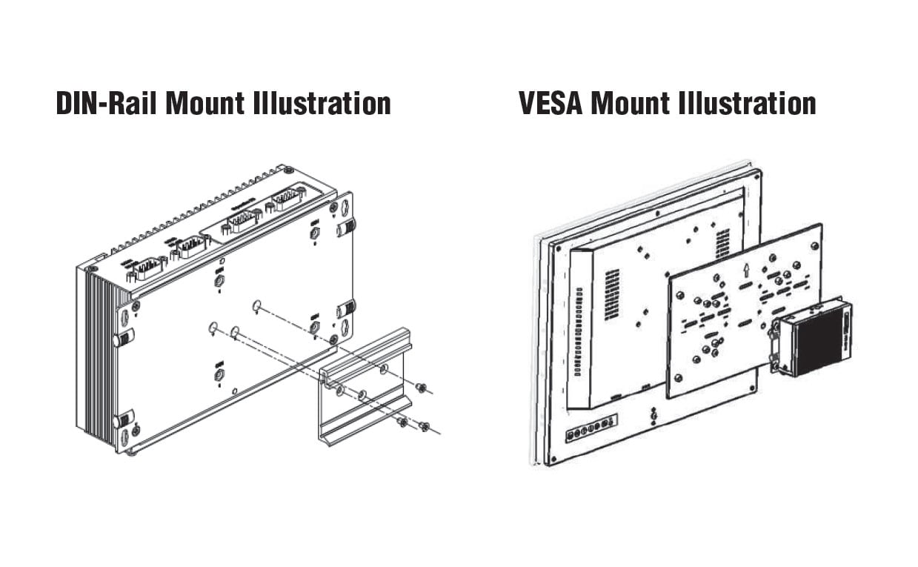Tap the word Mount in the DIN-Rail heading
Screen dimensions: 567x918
coord(204,103)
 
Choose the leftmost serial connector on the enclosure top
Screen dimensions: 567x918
coord(148,267)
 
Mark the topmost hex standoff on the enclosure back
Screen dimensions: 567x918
coord(314,233)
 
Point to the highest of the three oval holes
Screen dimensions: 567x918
coord(256,305)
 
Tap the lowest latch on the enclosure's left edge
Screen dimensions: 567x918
coord(124,421)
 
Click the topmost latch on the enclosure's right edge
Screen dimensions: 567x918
coord(346,228)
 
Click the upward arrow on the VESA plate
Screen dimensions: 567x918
coord(747,267)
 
